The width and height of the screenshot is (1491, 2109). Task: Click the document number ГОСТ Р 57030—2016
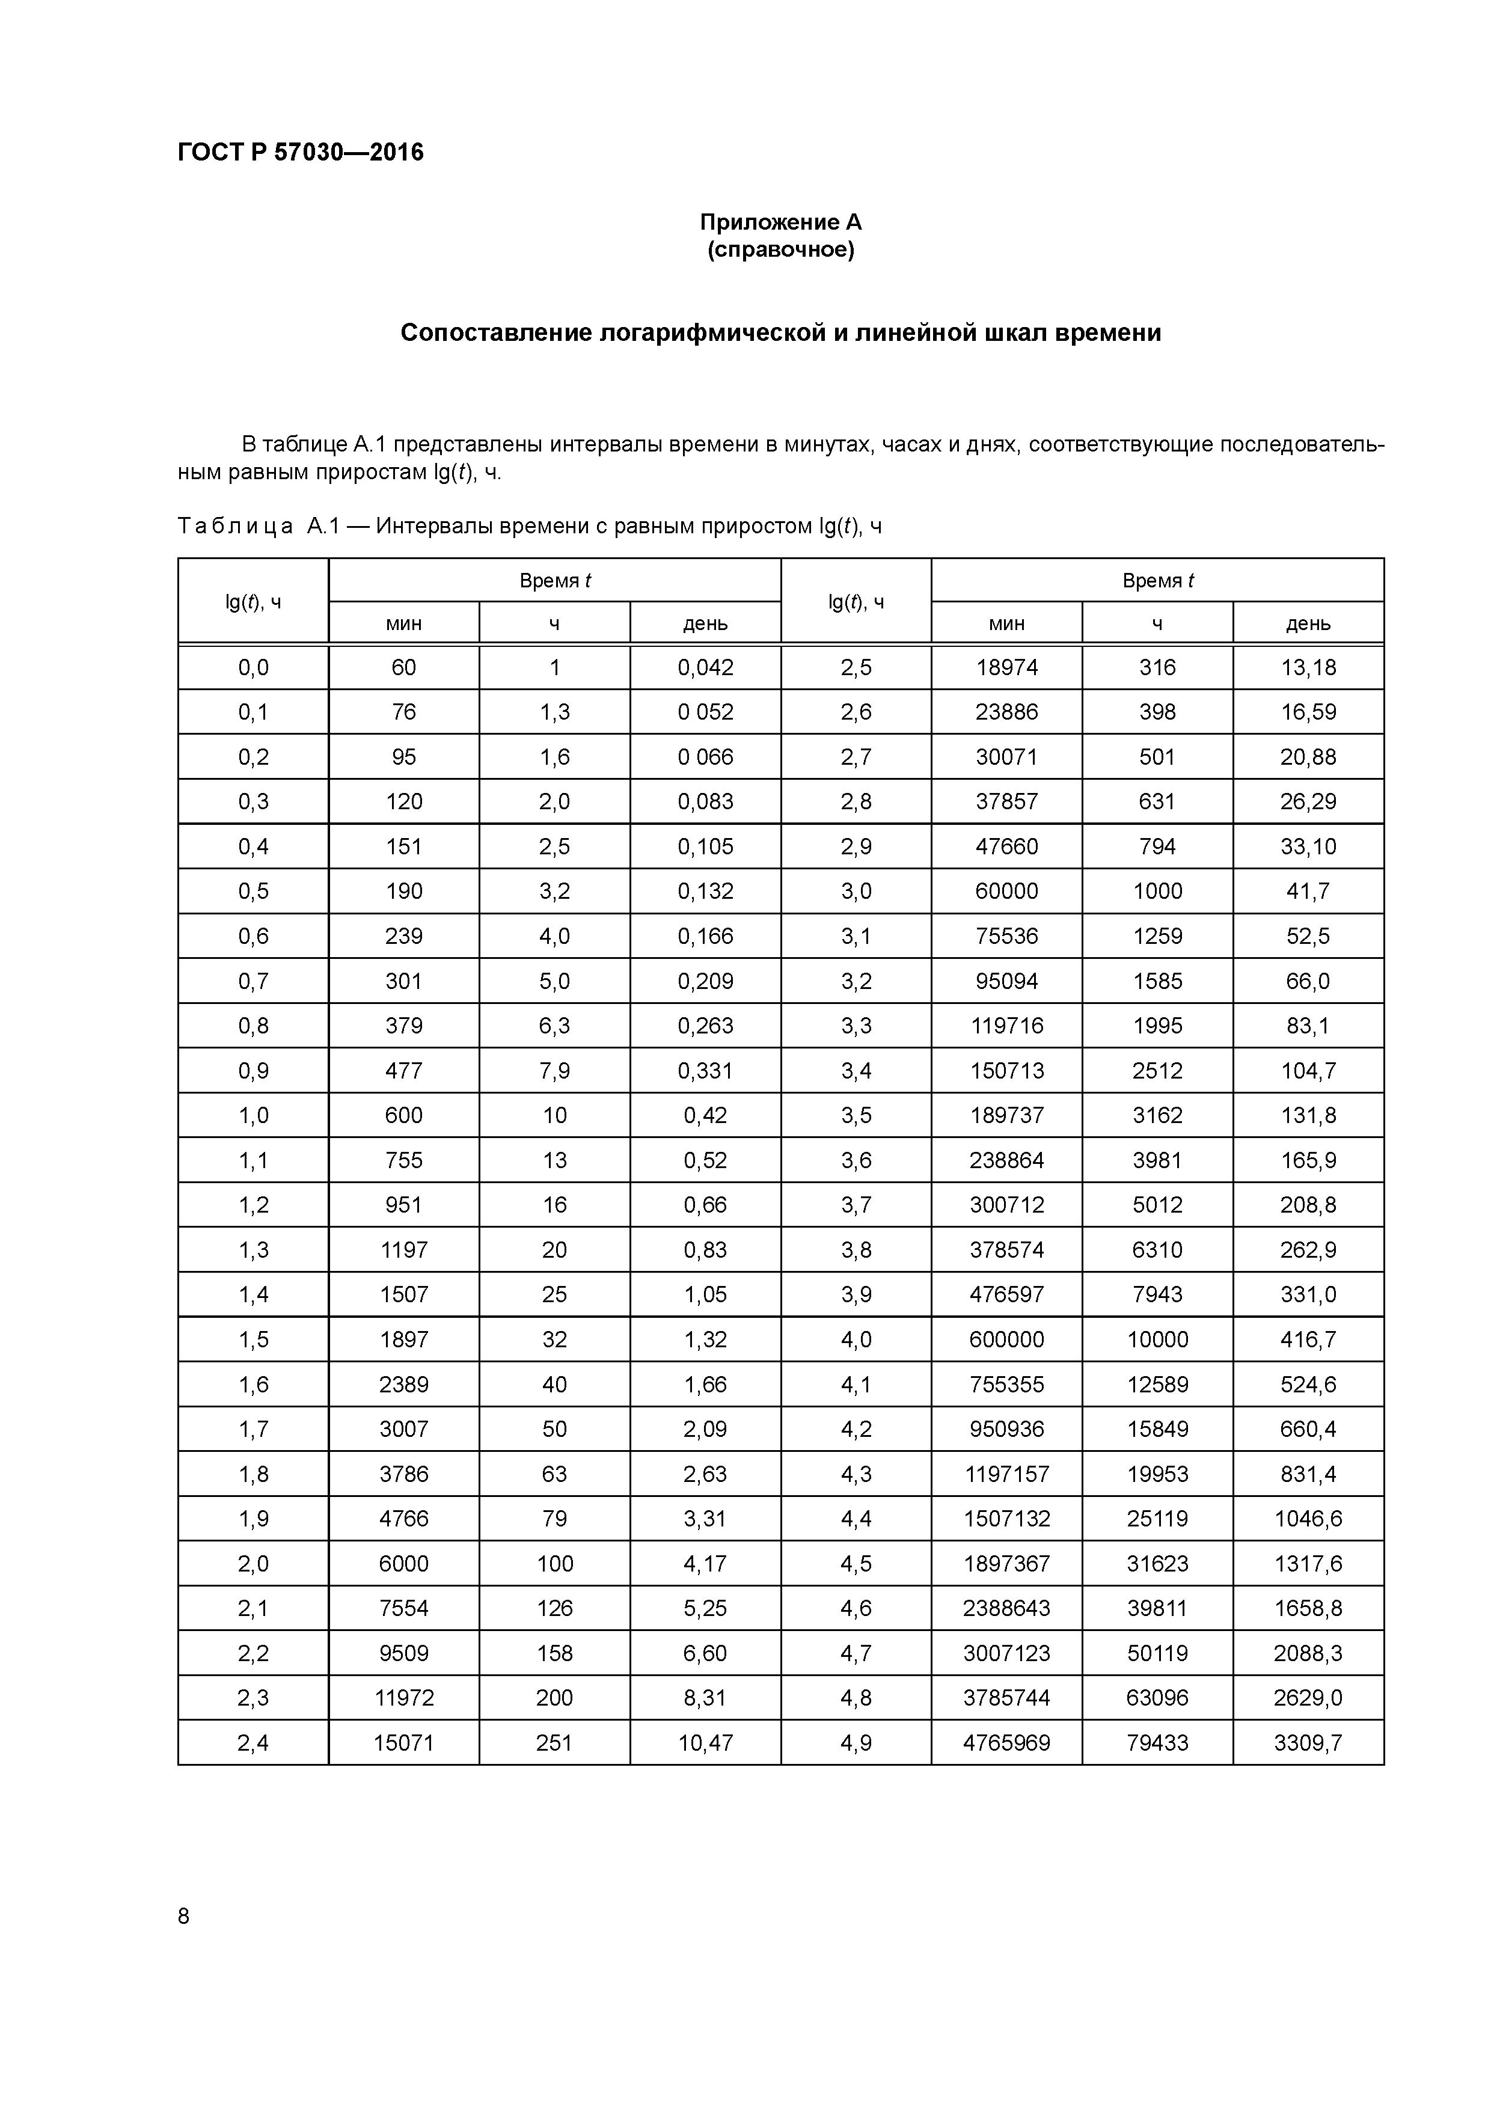(x=301, y=153)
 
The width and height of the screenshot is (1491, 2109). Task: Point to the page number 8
(x=184, y=1915)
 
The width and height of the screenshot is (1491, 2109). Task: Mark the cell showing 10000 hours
(x=1157, y=1339)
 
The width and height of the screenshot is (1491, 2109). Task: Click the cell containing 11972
(x=403, y=1698)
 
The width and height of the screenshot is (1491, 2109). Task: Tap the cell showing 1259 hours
(x=1157, y=936)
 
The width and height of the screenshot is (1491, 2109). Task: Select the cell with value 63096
(x=1157, y=1698)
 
